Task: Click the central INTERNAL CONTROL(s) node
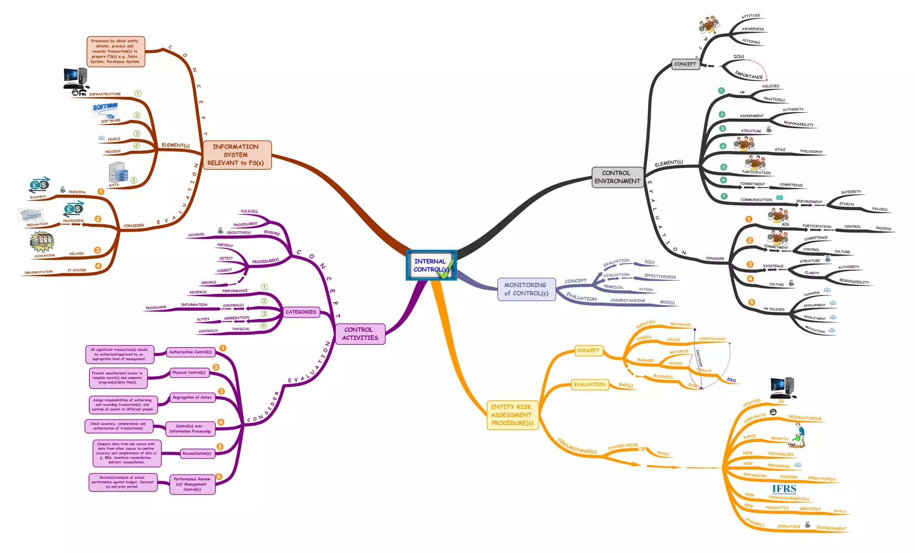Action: pos(431,265)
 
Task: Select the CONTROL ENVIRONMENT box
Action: pos(617,177)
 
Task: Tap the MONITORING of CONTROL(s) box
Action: pos(526,289)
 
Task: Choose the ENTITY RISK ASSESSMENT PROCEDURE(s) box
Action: pos(512,415)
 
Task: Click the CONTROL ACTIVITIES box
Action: pos(360,334)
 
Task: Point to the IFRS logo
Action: pos(784,489)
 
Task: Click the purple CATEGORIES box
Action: pos(301,312)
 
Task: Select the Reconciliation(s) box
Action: pos(197,453)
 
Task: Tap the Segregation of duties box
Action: pos(192,398)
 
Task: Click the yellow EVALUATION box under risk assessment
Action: pos(589,385)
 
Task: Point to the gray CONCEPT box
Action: pos(684,64)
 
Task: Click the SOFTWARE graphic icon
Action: pos(105,109)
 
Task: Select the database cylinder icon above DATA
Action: pos(118,172)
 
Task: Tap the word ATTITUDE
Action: pos(751,16)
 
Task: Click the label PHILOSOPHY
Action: pos(811,151)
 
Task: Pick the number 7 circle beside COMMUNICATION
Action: pos(724,196)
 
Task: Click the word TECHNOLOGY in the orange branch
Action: pos(780,454)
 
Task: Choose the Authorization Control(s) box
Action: pos(190,352)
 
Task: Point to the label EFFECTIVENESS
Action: pos(659,276)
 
